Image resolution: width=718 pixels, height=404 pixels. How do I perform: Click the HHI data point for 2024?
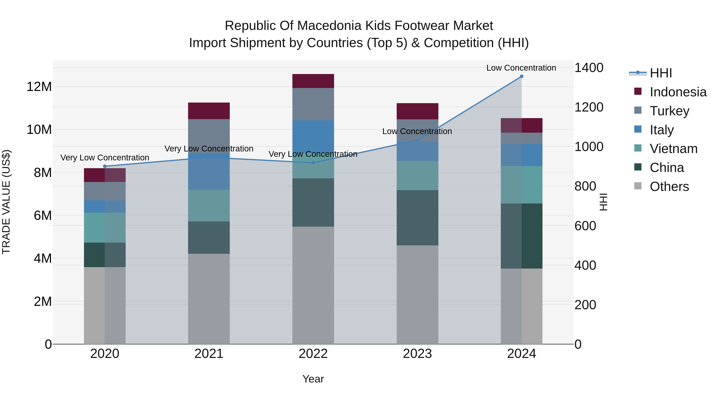click(x=522, y=76)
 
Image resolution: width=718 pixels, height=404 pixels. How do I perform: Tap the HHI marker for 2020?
click(x=105, y=166)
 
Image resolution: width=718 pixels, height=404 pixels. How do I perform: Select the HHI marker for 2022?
click(x=313, y=163)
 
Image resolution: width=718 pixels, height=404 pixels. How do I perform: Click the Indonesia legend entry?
click(x=678, y=92)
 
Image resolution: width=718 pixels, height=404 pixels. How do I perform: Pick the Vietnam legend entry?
click(x=673, y=149)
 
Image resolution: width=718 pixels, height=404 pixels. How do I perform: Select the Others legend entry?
click(x=669, y=187)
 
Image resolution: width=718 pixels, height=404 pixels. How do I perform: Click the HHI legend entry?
click(x=661, y=73)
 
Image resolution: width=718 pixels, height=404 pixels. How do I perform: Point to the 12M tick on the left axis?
click(x=39, y=87)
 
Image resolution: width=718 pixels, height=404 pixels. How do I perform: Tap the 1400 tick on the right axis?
click(x=589, y=68)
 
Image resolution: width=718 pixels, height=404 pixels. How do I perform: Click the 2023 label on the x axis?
click(x=417, y=354)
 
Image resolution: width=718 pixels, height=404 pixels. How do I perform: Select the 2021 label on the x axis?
click(x=209, y=354)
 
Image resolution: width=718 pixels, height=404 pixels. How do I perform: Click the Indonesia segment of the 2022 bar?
click(x=313, y=81)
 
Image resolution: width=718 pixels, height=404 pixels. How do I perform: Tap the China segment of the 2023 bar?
click(x=417, y=218)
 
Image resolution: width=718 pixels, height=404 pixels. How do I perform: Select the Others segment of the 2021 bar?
click(x=209, y=299)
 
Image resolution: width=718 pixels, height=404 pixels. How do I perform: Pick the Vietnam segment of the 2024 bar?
click(x=522, y=185)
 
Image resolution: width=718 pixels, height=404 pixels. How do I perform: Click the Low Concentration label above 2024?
click(x=521, y=68)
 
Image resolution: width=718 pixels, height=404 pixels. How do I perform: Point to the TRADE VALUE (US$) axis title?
click(x=6, y=202)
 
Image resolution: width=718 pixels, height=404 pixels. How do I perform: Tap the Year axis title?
click(x=313, y=379)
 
